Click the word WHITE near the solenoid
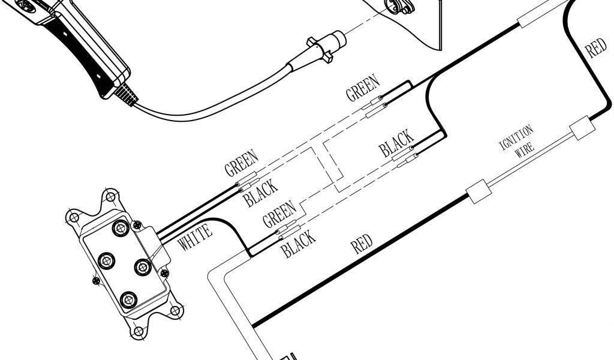pos(195,236)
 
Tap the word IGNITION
pos(516,139)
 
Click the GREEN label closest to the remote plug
pos(362,88)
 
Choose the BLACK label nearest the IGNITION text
pos(396,143)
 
